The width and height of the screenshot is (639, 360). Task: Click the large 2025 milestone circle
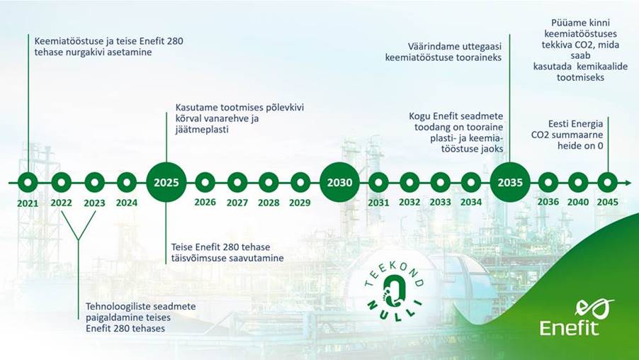(166, 182)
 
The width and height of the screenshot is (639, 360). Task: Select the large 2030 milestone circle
(339, 182)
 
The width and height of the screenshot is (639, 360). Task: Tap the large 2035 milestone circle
(510, 182)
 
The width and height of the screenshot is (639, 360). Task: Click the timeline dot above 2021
(28, 182)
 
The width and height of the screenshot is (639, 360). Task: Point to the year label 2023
(94, 203)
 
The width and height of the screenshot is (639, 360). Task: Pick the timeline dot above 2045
(608, 182)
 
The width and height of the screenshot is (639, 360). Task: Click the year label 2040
(578, 202)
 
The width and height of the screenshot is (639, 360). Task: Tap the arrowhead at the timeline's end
(627, 183)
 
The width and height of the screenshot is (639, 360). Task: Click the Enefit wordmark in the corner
(570, 328)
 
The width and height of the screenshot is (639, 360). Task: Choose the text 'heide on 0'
(580, 146)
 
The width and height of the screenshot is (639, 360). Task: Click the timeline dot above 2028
(268, 182)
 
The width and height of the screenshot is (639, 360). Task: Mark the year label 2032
(409, 202)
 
